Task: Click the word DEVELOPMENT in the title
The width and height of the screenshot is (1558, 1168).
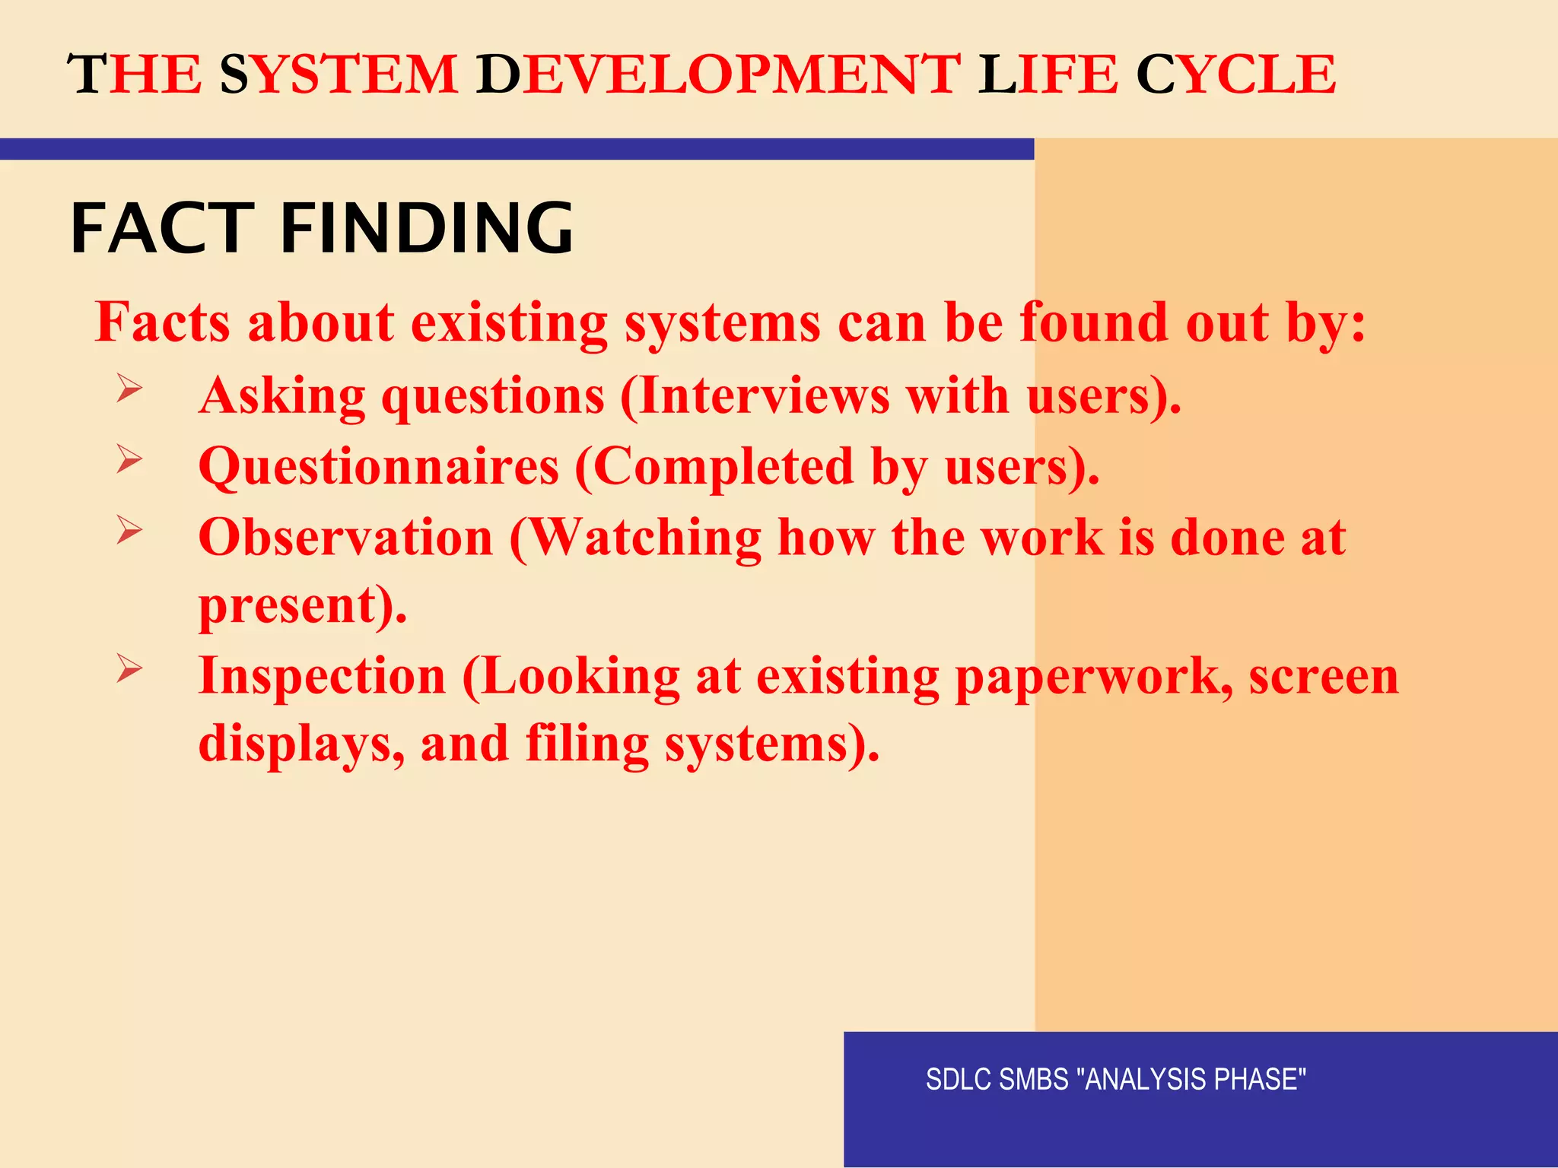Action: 718,75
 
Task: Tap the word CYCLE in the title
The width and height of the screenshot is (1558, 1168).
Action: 1235,75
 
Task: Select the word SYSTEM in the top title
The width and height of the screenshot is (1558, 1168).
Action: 339,75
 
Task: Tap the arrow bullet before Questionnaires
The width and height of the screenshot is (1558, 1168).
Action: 129,459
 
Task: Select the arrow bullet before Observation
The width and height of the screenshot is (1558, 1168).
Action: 129,529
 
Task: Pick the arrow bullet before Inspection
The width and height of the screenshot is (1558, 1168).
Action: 129,668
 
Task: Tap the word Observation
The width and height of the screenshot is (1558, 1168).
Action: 346,538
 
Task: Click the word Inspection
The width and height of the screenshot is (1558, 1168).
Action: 322,676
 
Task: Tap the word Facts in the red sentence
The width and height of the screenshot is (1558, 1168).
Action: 162,322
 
